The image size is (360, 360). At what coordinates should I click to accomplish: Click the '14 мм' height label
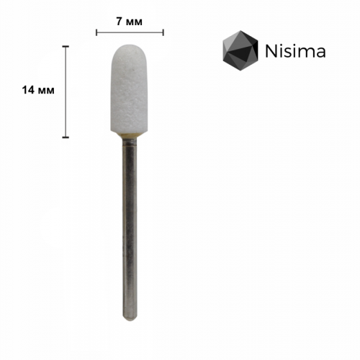[38, 90]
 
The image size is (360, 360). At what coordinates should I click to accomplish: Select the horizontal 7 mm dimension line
[130, 32]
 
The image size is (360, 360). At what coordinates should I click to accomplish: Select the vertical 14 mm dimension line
[66, 91]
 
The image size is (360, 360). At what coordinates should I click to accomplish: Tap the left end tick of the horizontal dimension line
[96, 32]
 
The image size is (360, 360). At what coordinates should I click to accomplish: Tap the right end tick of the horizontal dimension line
[163, 32]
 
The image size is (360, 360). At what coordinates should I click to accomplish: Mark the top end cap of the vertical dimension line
[66, 46]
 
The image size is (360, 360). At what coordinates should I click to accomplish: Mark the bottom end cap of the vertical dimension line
[66, 137]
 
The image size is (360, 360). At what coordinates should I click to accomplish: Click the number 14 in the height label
[28, 90]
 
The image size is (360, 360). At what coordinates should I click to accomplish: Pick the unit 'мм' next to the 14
[48, 90]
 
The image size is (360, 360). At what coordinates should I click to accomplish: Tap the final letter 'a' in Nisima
[320, 53]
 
